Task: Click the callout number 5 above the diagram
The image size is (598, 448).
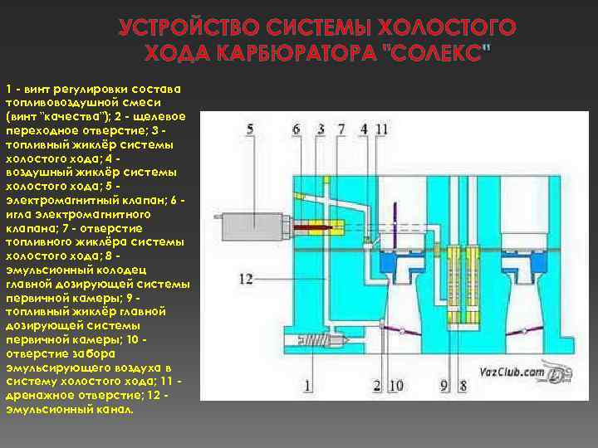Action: [x=249, y=129]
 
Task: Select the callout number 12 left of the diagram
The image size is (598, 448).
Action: [x=246, y=280]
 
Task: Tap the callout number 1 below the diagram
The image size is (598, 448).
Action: [x=307, y=385]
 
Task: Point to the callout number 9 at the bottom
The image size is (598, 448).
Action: [x=444, y=385]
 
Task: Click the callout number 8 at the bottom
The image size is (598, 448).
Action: [x=463, y=385]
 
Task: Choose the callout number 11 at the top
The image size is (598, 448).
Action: [x=381, y=129]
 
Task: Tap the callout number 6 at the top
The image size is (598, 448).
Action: [x=297, y=129]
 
